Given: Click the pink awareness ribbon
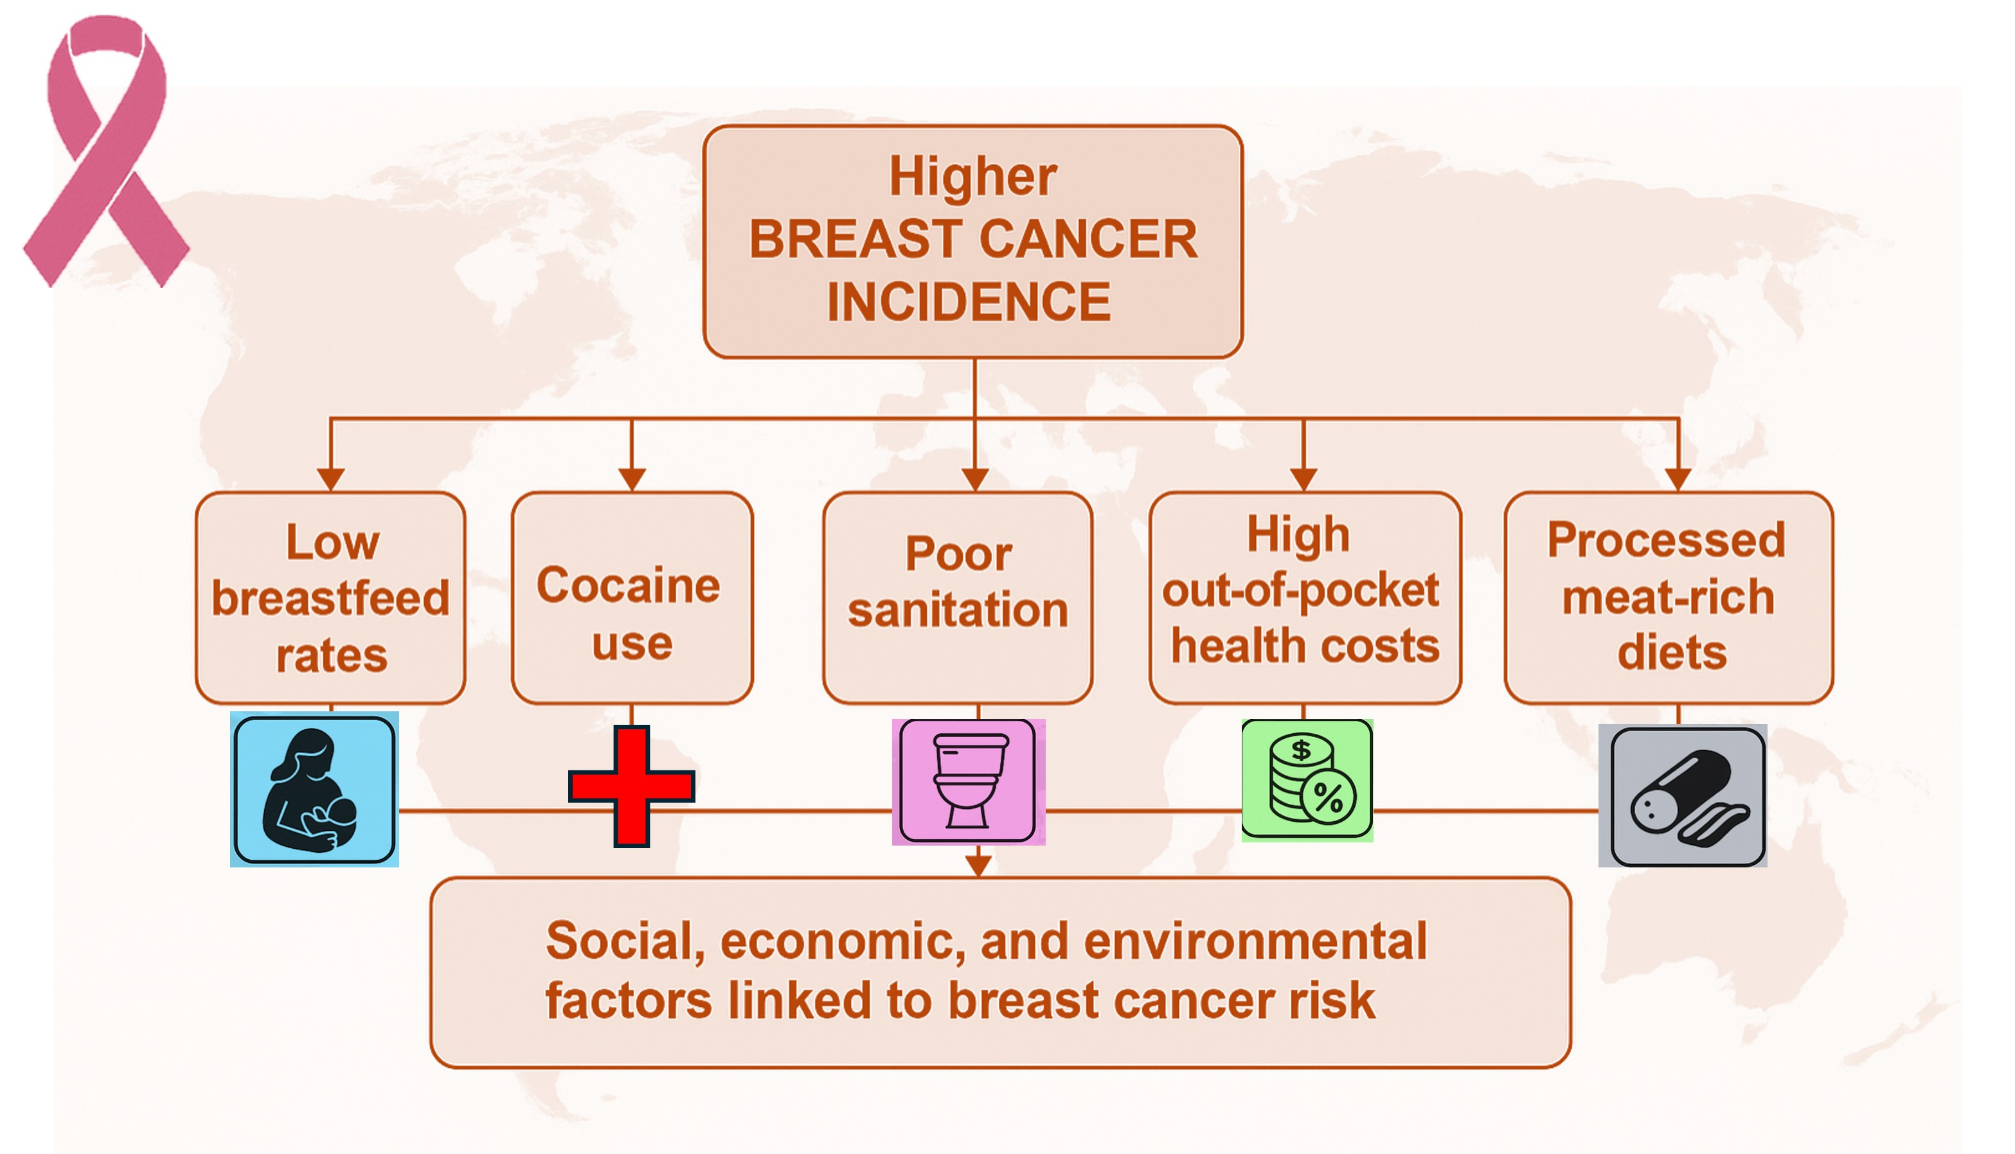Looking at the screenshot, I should pos(105,150).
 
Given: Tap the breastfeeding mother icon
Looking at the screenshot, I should pos(314,790).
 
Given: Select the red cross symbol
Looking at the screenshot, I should pos(632,785).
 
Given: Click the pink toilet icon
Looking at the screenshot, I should pos(968,781).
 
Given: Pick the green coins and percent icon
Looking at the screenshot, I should pos(1306,780).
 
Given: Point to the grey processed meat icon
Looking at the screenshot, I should pos(1682,795).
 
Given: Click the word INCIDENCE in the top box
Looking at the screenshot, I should pos(969,302).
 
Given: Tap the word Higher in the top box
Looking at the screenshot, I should pos(972,176).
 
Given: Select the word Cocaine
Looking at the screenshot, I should pos(628,586).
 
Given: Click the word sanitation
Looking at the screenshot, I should pos(958,610).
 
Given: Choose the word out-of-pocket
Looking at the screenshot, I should pos(1300,590).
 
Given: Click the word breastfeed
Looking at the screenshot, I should pos(330,598).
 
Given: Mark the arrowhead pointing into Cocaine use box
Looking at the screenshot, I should pos(632,479).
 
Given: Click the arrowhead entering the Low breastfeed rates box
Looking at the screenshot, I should pos(330,479).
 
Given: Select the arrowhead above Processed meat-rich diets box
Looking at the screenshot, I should pos(1678,479).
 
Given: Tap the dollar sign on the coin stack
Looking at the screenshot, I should pos(1301,750).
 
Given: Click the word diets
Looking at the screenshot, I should pos(1672,652).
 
